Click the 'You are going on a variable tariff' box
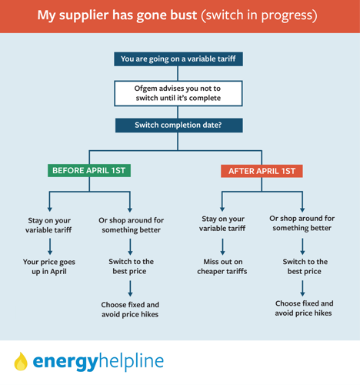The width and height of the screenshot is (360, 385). pos(178,59)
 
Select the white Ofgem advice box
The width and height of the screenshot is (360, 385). pos(178,93)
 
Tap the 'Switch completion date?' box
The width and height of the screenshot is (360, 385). pos(178,126)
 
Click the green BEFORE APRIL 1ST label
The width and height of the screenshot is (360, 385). pos(89,170)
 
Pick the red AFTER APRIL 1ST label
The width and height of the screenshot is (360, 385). pos(262,171)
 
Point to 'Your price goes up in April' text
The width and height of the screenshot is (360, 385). pos(49,266)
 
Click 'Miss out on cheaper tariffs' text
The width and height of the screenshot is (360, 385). pos(222,266)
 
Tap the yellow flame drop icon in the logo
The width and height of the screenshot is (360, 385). pos(21,361)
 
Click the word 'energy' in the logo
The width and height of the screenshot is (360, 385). pos(65,362)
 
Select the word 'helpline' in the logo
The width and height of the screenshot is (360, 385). pos(131,360)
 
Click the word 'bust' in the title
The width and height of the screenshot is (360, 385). pos(184,15)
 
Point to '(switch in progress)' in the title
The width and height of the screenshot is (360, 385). pos(259,15)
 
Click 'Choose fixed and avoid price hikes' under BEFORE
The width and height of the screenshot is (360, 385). pos(130,310)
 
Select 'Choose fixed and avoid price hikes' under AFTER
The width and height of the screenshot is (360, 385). pos(304,308)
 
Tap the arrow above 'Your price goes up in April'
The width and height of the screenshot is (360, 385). pos(50,246)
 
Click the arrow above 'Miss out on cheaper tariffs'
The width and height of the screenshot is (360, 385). pos(222,246)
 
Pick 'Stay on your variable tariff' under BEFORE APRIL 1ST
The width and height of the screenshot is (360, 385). pos(48,225)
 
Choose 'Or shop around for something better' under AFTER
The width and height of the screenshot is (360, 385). pos(302,223)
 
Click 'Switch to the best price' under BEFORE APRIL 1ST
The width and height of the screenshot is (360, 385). pos(131,266)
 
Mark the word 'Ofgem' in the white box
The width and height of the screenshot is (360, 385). pos(145,89)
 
